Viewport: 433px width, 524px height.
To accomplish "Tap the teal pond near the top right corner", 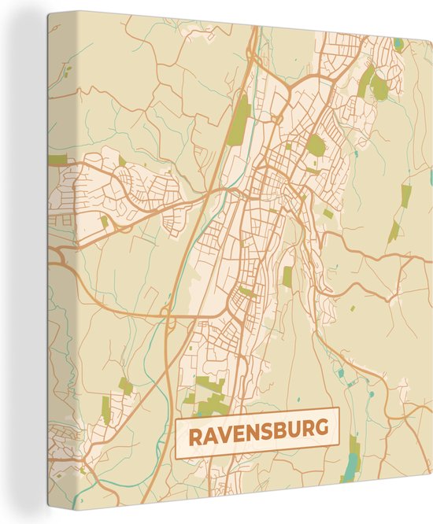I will point(398,44).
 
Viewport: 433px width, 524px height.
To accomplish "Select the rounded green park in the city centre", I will point(316,144).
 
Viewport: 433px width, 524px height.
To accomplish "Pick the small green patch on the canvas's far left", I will point(57,160).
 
